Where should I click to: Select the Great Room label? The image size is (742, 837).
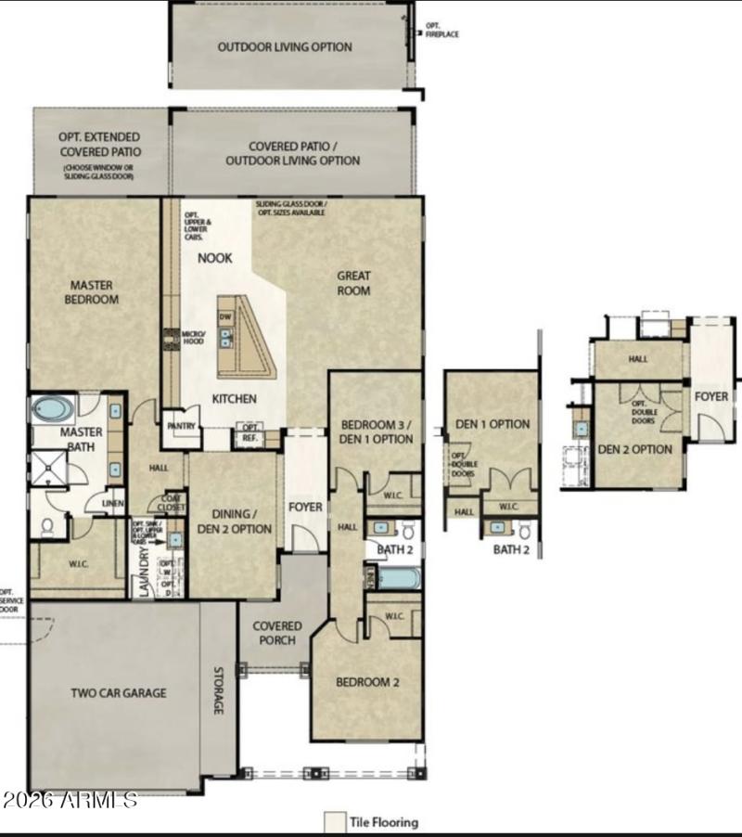click(x=353, y=283)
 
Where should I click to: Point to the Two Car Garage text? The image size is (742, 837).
click(x=119, y=692)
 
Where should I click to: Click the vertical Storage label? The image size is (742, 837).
click(x=219, y=691)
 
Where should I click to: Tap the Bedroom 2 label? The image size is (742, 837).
click(x=367, y=682)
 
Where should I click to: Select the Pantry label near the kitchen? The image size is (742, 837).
click(x=181, y=427)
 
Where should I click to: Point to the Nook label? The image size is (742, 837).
click(x=214, y=258)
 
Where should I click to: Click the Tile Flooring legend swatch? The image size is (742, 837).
click(x=334, y=822)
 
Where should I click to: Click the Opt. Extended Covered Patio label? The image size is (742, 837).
click(x=100, y=144)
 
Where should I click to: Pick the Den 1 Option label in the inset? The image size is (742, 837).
click(x=493, y=424)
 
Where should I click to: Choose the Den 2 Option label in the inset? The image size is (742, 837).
click(x=634, y=449)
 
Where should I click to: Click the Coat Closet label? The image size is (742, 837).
click(x=172, y=502)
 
